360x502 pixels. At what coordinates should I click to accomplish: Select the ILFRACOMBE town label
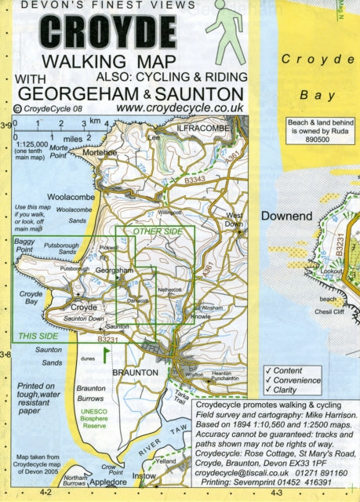(205, 127)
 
